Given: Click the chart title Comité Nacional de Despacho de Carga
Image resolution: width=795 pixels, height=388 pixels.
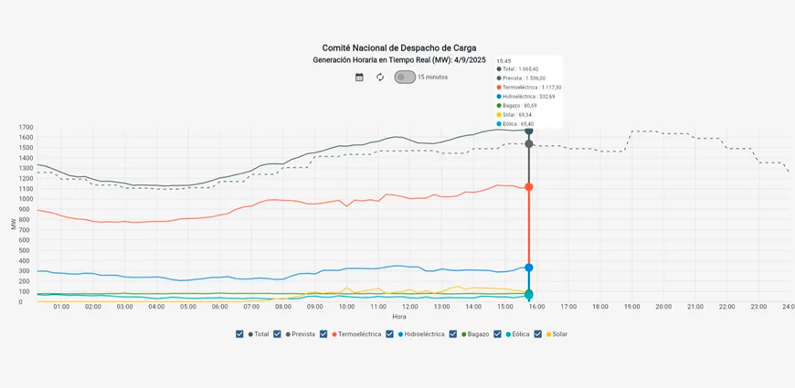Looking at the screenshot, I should click(x=398, y=47).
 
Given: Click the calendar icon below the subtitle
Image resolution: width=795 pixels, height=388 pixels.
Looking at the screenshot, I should click(x=359, y=78).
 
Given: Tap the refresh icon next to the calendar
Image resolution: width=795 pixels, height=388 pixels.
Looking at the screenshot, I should click(x=380, y=78).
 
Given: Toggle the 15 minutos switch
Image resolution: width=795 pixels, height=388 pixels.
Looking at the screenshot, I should click(x=405, y=78).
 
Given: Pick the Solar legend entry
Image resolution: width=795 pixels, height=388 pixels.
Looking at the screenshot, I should click(x=556, y=334).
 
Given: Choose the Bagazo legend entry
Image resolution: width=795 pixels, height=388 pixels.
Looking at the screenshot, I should click(x=476, y=334).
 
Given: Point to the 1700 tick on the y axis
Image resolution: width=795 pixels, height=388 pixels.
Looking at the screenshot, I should click(x=26, y=128).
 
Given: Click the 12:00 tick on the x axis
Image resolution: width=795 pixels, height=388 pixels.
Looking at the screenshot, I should click(x=411, y=307).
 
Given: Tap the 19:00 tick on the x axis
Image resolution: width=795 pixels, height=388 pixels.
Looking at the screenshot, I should click(x=631, y=307).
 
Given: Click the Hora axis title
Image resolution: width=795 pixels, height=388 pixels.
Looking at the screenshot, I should click(x=399, y=317).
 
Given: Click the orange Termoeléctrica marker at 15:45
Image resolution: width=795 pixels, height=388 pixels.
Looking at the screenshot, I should click(x=529, y=187).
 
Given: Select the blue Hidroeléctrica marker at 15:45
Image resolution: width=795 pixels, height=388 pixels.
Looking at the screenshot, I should click(x=529, y=267).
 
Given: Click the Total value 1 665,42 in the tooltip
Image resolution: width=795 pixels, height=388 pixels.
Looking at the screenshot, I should click(x=525, y=69).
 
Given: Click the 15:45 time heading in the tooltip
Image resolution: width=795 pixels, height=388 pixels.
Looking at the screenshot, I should click(x=503, y=60).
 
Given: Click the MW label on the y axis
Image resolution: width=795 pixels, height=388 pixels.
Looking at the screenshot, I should click(x=13, y=223).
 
